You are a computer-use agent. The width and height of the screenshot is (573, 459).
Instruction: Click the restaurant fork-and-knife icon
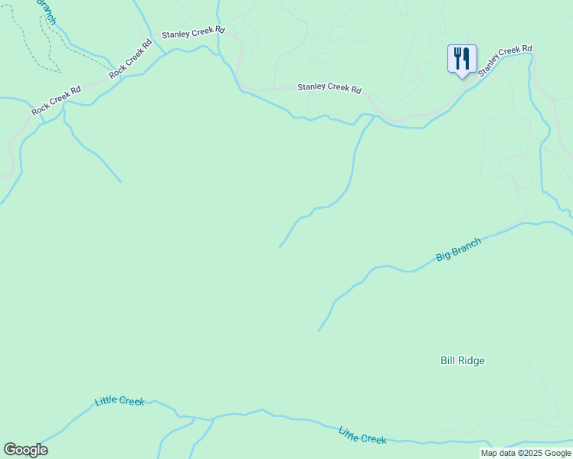pyautogui.click(x=462, y=58)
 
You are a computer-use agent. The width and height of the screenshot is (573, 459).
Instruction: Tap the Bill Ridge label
pyautogui.click(x=463, y=360)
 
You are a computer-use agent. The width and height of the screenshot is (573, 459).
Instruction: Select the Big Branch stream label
pyautogui.click(x=459, y=250)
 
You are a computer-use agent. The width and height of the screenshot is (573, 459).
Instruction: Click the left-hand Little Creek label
pyautogui.click(x=120, y=401)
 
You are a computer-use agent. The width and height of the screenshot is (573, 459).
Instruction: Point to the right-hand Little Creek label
pyautogui.click(x=362, y=435)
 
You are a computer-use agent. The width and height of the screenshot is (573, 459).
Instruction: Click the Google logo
pyautogui.click(x=25, y=450)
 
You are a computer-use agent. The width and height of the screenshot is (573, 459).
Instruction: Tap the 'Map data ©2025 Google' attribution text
pyautogui.click(x=526, y=453)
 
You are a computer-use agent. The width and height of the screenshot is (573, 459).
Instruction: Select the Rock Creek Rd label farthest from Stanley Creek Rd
pyautogui.click(x=56, y=101)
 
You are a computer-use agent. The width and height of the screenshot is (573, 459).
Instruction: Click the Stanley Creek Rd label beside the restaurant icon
pyautogui.click(x=505, y=60)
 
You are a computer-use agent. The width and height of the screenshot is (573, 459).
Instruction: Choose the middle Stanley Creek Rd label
pyautogui.click(x=329, y=88)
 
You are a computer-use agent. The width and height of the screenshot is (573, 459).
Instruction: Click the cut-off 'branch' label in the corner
pyautogui.click(x=45, y=11)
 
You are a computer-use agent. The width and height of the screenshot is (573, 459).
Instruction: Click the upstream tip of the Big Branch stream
pyautogui.click(x=319, y=330)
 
